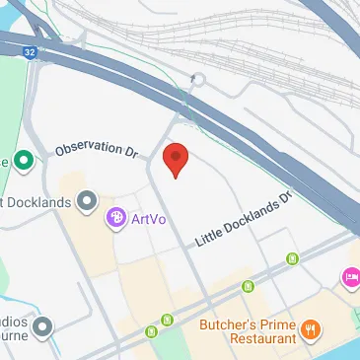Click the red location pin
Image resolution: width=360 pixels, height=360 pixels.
click(175, 159)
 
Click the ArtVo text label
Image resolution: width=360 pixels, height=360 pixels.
click(148, 217)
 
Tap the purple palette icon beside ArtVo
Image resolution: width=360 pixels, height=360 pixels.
click(116, 216)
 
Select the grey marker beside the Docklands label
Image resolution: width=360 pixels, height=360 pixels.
click(88, 201)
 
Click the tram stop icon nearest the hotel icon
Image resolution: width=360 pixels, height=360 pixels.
click(292, 259)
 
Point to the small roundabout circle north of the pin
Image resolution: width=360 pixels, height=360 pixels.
click(198, 79)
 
